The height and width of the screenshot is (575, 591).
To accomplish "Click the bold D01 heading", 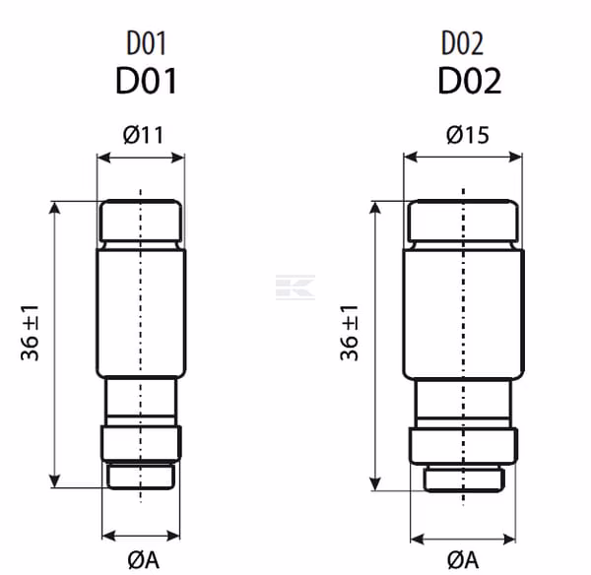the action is pyautogui.click(x=146, y=81).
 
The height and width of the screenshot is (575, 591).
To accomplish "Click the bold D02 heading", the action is pyautogui.click(x=470, y=81).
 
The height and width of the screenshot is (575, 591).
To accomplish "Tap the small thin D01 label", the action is pyautogui.click(x=146, y=43).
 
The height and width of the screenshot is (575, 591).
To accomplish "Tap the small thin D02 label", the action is pyautogui.click(x=463, y=43).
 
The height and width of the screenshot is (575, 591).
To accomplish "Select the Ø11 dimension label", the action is pyautogui.click(x=143, y=135).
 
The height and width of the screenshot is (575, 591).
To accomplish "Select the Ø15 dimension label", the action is pyautogui.click(x=468, y=135).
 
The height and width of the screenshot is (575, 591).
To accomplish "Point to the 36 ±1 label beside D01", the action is pyautogui.click(x=30, y=333).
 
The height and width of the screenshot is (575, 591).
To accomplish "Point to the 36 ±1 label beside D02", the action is pyautogui.click(x=349, y=333).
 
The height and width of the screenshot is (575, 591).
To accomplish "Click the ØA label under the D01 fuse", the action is pyautogui.click(x=143, y=560).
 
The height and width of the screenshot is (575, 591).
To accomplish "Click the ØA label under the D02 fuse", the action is pyautogui.click(x=463, y=560).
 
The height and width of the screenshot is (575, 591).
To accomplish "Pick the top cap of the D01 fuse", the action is pyautogui.click(x=141, y=221).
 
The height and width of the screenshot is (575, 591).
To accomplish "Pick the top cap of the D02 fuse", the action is pyautogui.click(x=463, y=221).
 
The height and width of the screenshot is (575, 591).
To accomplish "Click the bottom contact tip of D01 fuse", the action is pyautogui.click(x=141, y=477).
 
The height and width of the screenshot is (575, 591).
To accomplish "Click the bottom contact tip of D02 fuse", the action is pyautogui.click(x=464, y=479).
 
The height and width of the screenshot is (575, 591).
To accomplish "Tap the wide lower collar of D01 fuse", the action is pyautogui.click(x=141, y=443).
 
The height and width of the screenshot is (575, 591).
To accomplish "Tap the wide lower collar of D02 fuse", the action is pyautogui.click(x=463, y=446).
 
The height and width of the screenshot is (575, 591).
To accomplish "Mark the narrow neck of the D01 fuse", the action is pyautogui.click(x=141, y=401).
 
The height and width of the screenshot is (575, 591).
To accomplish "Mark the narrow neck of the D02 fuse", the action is pyautogui.click(x=463, y=404).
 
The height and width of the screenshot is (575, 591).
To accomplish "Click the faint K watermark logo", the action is pyautogui.click(x=295, y=287).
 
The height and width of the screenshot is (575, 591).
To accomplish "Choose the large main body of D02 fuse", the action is pyautogui.click(x=464, y=313).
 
